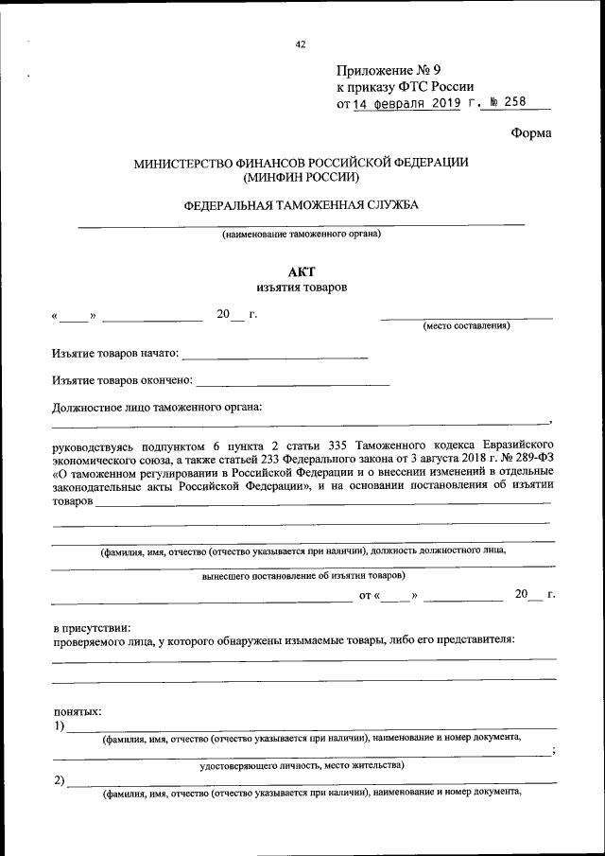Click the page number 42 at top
pyautogui.click(x=301, y=44)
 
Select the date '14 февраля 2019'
pyautogui.click(x=407, y=104)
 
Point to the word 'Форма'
pyautogui.click(x=531, y=133)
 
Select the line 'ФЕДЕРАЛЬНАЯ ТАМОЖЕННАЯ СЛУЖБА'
pyautogui.click(x=301, y=205)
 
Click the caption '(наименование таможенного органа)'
pyautogui.click(x=301, y=234)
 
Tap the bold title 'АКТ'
pyautogui.click(x=301, y=271)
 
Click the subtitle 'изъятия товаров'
pyautogui.click(x=301, y=288)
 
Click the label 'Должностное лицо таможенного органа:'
pyautogui.click(x=157, y=408)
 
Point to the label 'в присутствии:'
pyautogui.click(x=92, y=626)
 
